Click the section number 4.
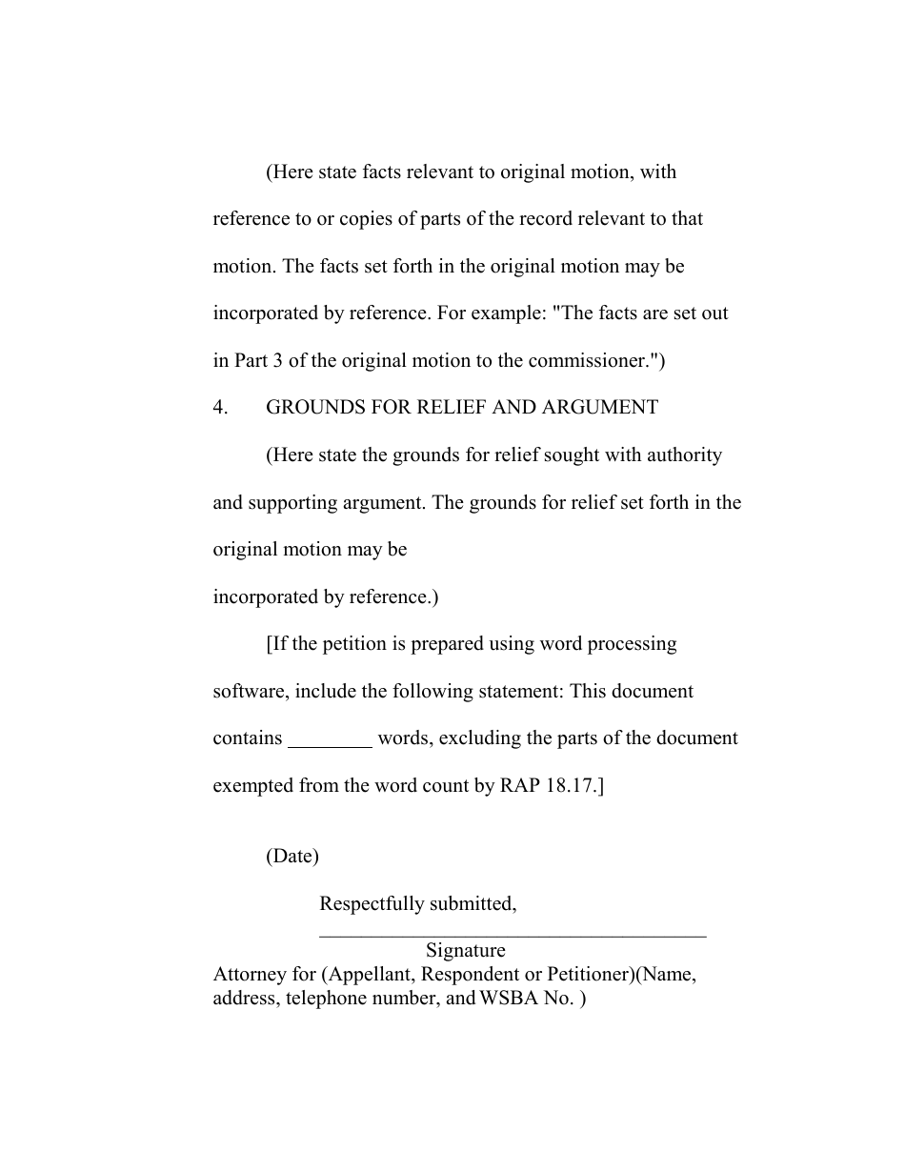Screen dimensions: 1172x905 [220, 408]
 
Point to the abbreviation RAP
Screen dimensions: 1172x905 [519, 786]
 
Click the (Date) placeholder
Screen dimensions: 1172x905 [292, 857]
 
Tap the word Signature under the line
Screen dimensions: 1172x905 [466, 951]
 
